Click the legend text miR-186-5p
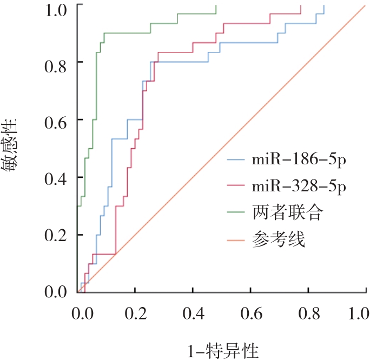[x=299, y=160]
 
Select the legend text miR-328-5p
[x=299, y=187]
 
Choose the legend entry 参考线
[x=279, y=239]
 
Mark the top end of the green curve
[x=215, y=5]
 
